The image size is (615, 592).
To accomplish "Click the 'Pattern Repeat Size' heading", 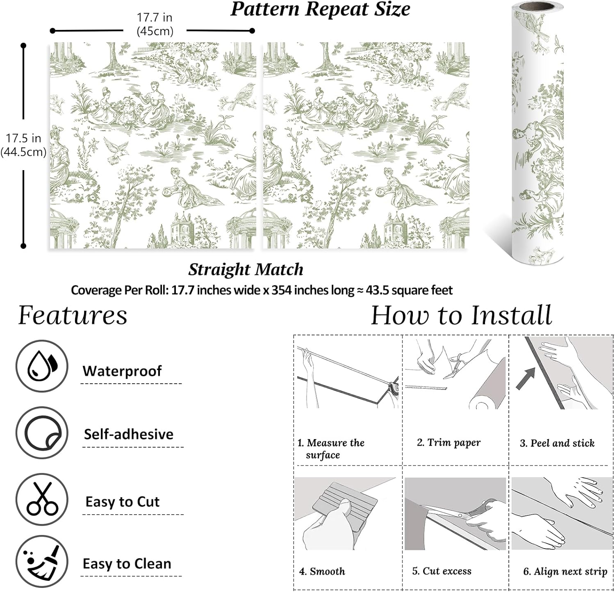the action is [x=320, y=9].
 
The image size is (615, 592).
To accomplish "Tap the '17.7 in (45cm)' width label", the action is [x=155, y=24].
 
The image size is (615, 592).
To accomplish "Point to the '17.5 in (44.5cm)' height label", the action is [x=23, y=145].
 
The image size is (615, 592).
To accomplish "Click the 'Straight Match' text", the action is [x=246, y=269].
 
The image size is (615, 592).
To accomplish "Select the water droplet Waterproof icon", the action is [x=41, y=366].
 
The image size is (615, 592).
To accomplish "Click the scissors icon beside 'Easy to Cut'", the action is [x=41, y=499].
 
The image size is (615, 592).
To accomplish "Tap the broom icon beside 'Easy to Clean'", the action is [x=41, y=561].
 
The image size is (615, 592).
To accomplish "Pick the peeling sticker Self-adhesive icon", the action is [x=41, y=433].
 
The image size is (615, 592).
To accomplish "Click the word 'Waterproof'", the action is [x=122, y=371].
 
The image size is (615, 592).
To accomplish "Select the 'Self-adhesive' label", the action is [x=128, y=434].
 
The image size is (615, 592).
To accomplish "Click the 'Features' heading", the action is [x=73, y=315].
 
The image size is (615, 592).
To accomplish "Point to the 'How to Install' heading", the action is [x=461, y=315].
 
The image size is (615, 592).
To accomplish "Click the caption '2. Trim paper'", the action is [x=449, y=442].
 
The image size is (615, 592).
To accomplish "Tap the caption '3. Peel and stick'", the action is [x=557, y=443].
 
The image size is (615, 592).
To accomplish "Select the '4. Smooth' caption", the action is [x=322, y=571].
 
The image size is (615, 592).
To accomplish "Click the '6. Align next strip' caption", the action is [x=565, y=571].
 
